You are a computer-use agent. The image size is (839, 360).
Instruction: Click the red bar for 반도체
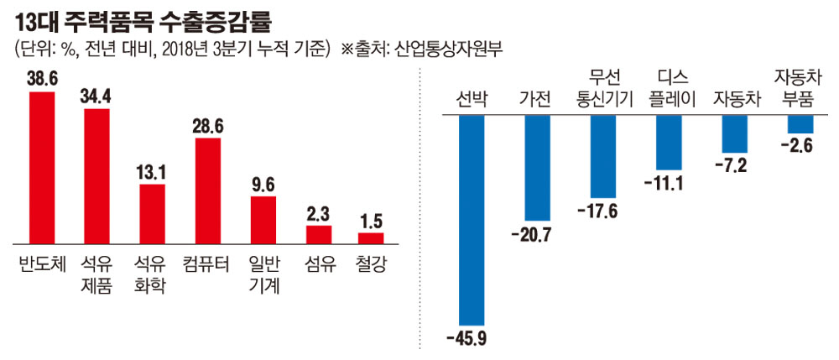(42, 166)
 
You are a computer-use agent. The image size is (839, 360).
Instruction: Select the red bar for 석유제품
(97, 175)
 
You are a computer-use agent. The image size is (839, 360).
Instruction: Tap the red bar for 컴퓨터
(207, 190)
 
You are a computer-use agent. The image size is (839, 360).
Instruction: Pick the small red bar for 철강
(372, 237)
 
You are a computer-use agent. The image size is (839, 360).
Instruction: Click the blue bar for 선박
(472, 219)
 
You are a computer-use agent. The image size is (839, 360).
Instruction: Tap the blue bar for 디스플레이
(668, 142)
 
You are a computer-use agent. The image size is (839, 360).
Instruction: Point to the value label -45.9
(471, 339)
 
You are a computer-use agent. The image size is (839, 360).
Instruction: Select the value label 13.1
(152, 173)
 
